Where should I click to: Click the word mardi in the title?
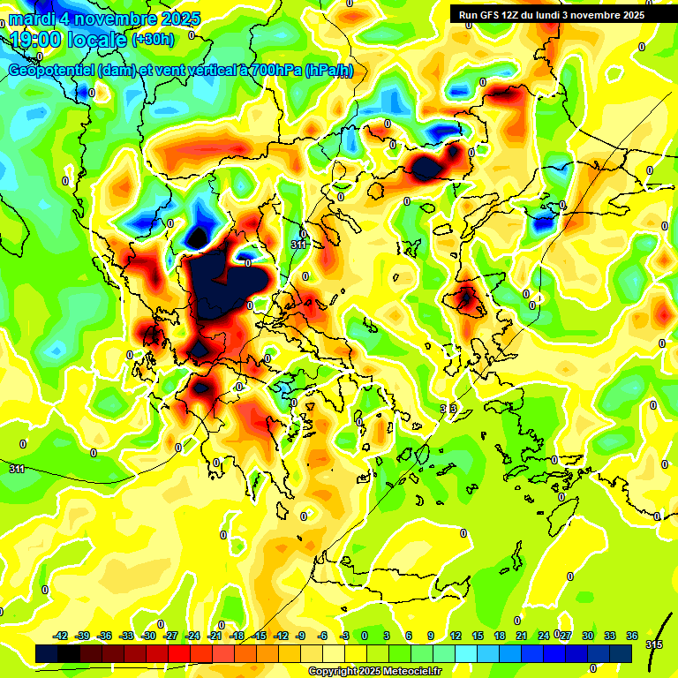coord(34,19)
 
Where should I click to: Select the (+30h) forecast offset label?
coord(153,40)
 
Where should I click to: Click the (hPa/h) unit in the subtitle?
coord(328,71)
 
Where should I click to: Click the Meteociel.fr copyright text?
coord(374,672)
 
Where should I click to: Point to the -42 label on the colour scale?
coord(61,637)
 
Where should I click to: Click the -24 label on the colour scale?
coord(215,637)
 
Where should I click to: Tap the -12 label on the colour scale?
coord(281,637)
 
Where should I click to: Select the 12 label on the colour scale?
coord(456,637)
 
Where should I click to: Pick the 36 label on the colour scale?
coord(631,637)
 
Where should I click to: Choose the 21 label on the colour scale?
coord(521,637)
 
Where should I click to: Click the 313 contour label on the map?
coord(448,409)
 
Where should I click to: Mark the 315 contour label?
coord(654,645)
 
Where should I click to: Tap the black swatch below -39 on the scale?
coord(69,653)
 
